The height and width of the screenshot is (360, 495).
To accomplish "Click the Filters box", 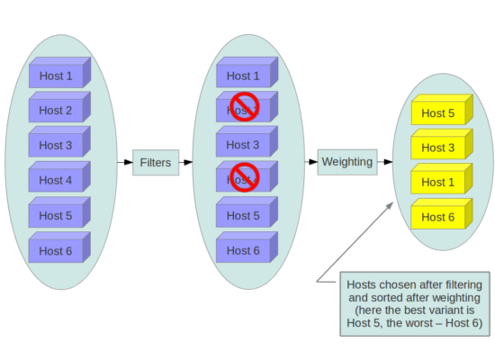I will point(155,163).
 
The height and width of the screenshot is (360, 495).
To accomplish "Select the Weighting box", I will point(346,162).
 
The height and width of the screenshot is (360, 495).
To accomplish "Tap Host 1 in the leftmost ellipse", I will point(57,76).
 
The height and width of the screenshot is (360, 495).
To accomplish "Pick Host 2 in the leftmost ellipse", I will point(57,111).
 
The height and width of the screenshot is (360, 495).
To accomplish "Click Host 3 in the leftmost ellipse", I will point(57,146).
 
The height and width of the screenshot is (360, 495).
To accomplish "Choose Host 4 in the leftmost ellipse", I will point(57,180).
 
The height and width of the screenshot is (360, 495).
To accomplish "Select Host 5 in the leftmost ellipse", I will point(57,216).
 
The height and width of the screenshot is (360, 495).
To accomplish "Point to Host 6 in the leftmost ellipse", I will point(57,250).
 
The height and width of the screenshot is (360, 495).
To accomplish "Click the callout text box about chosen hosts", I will point(413,303).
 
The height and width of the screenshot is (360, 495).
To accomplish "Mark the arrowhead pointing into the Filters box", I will point(129,163).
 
